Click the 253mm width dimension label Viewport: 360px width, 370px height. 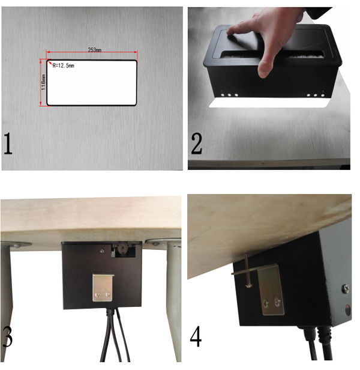pyautogui.click(x=95, y=49)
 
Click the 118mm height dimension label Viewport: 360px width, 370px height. pyautogui.click(x=43, y=82)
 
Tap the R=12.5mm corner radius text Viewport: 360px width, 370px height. pyautogui.click(x=63, y=65)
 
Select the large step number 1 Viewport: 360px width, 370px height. pyautogui.click(x=8, y=144)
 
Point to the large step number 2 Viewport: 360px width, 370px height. pyautogui.click(x=196, y=144)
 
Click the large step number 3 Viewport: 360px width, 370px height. pyautogui.click(x=7, y=337)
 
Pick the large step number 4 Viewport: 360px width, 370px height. pyautogui.click(x=196, y=336)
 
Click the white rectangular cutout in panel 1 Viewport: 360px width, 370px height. pyautogui.click(x=92, y=83)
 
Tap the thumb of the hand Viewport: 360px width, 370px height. pyautogui.click(x=265, y=66)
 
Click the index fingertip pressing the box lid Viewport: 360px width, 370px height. pyautogui.click(x=232, y=31)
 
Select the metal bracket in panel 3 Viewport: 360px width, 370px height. pyautogui.click(x=103, y=288)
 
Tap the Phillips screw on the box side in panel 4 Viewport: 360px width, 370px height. pyautogui.click(x=346, y=288)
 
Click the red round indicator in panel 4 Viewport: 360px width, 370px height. pyautogui.click(x=348, y=309)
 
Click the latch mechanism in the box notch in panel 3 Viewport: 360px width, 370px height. pyautogui.click(x=124, y=249)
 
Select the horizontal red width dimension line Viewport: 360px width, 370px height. pyautogui.click(x=92, y=52)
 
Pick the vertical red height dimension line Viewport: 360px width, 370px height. pyautogui.click(x=41, y=82)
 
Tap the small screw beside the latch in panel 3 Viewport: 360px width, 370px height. pyautogui.click(x=103, y=251)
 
